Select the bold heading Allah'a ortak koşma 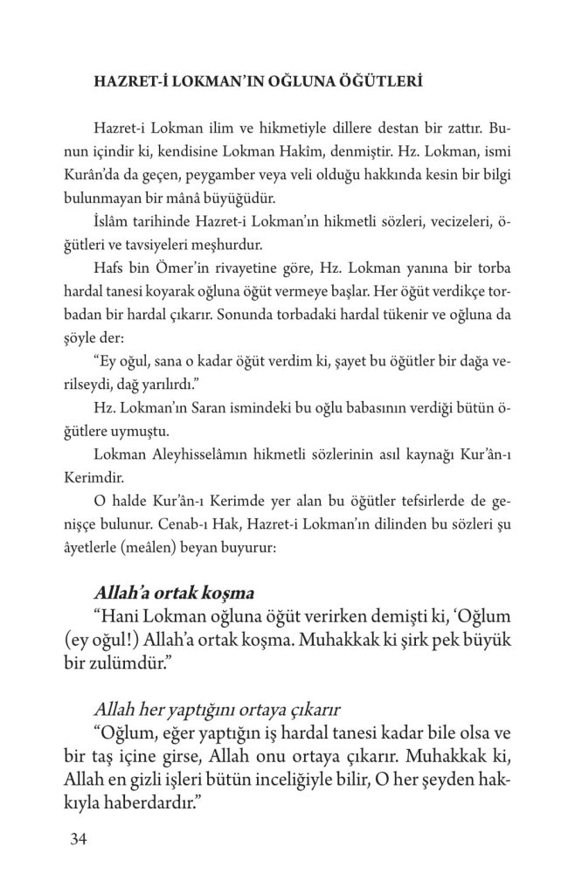click(181, 592)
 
